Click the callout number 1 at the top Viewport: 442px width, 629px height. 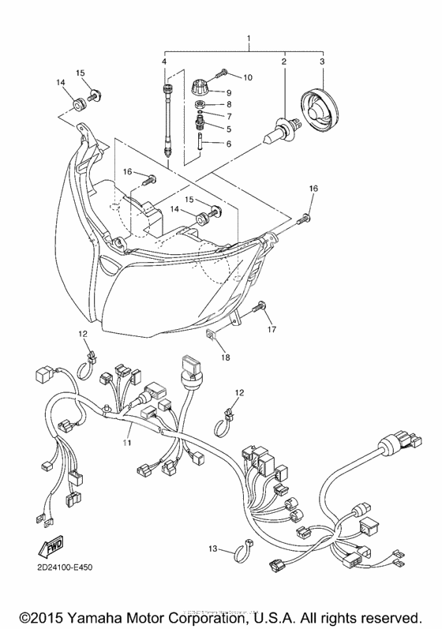[249, 39]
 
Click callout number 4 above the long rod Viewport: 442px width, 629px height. [164, 62]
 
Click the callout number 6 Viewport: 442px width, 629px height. [229, 144]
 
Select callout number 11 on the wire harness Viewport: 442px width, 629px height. [128, 443]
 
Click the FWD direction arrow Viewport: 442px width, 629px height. [51, 547]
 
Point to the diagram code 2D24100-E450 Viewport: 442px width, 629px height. [63, 567]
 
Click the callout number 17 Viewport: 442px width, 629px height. [272, 329]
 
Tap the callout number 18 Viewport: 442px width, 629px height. [226, 357]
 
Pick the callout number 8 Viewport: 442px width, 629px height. [229, 105]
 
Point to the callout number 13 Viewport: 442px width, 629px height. [213, 549]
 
